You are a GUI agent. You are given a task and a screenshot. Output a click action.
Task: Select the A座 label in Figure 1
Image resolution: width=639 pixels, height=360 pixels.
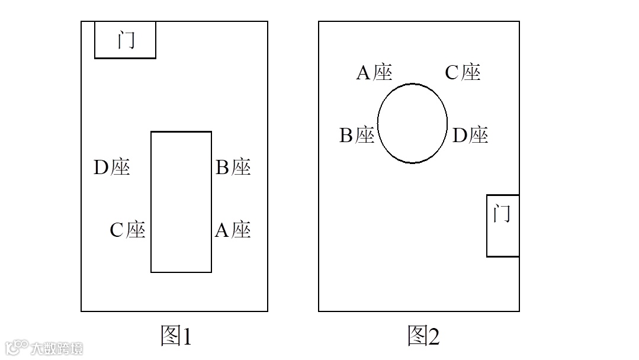[232, 230]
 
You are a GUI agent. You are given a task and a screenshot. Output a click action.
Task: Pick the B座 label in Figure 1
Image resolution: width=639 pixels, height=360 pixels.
[233, 168]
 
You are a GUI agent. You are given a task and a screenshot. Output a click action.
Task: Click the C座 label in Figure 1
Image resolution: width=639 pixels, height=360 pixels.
[127, 230]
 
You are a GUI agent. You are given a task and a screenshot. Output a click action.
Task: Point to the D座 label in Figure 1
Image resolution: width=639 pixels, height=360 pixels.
[111, 168]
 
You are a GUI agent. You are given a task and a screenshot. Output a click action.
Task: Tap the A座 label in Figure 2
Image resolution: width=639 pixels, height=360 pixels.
[374, 73]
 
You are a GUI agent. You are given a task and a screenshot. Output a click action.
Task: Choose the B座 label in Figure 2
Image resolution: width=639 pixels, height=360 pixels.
[357, 136]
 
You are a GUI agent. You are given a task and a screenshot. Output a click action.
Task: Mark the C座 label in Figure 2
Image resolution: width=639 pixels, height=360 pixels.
[463, 73]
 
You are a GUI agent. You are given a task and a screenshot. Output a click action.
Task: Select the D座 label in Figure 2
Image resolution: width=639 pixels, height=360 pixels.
[470, 136]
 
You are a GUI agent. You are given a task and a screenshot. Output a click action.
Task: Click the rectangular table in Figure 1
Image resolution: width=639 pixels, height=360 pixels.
[181, 202]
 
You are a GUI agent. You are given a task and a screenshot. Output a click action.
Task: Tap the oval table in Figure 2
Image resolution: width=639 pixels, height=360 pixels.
[413, 123]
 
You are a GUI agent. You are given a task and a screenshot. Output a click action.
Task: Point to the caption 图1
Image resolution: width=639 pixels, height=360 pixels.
[176, 336]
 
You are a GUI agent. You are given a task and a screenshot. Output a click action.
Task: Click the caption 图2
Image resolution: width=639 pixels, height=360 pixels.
[423, 336]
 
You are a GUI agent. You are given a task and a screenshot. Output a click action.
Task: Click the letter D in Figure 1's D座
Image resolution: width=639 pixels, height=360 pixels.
[100, 168]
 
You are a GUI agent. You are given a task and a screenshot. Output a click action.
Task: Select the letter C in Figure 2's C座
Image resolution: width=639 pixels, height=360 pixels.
[452, 73]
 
